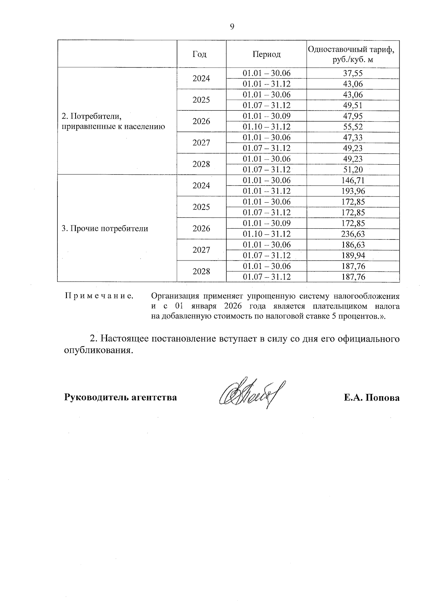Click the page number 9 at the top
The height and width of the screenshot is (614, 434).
(232, 26)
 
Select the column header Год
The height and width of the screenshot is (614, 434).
(200, 54)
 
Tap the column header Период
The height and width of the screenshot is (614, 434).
(267, 54)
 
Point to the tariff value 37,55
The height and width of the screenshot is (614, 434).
(353, 73)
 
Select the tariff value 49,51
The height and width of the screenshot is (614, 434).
(353, 106)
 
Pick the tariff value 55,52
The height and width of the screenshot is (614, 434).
(353, 127)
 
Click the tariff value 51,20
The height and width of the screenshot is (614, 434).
(353, 170)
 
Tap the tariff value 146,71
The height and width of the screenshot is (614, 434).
(353, 181)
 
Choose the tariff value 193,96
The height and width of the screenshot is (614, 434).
(353, 191)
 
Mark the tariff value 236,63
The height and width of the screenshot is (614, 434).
(353, 234)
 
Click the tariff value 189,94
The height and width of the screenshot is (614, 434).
(353, 255)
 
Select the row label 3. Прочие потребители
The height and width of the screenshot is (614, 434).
(105, 229)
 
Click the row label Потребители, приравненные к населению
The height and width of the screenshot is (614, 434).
(113, 122)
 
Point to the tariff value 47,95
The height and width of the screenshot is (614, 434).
(353, 117)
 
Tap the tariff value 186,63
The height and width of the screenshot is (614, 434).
(353, 245)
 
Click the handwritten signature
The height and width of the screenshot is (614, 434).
(250, 394)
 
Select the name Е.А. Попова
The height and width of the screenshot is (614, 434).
(371, 398)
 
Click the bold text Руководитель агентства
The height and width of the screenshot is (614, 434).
(120, 398)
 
